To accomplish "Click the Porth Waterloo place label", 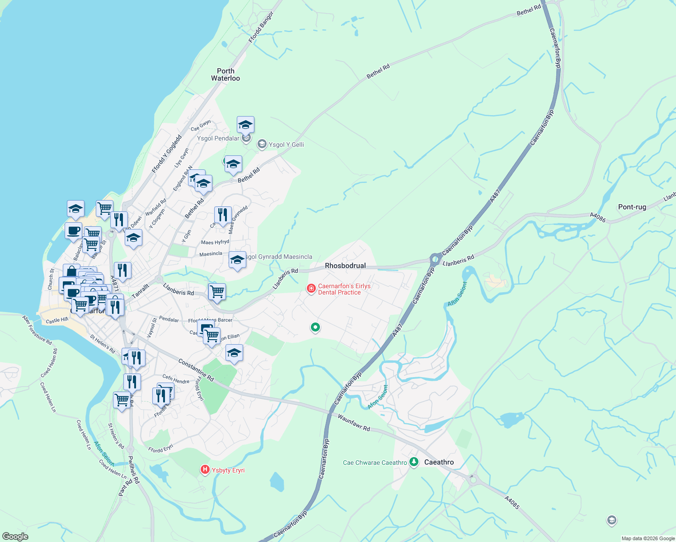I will click(x=225, y=75).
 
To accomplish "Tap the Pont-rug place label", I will click(x=632, y=207).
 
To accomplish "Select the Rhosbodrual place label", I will click(x=345, y=266).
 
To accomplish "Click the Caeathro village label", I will click(x=439, y=462).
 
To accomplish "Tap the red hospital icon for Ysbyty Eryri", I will click(x=205, y=470).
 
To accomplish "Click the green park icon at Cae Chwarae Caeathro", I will click(x=413, y=462).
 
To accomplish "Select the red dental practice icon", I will click(x=311, y=289).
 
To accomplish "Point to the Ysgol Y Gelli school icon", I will click(x=262, y=145).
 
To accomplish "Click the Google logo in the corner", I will click(x=15, y=537).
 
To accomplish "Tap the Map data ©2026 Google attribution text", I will click(x=648, y=538).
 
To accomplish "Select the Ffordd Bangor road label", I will click(x=261, y=28).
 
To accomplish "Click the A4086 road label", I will click(x=598, y=217).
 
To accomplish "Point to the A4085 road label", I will click(x=512, y=503).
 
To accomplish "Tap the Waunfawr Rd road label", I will click(x=353, y=422).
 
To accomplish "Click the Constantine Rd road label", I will click(x=196, y=369).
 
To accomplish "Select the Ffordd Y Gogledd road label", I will click(x=167, y=154).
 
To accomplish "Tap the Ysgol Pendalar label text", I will click(x=218, y=138).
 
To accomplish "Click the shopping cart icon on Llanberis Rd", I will click(x=217, y=291).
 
